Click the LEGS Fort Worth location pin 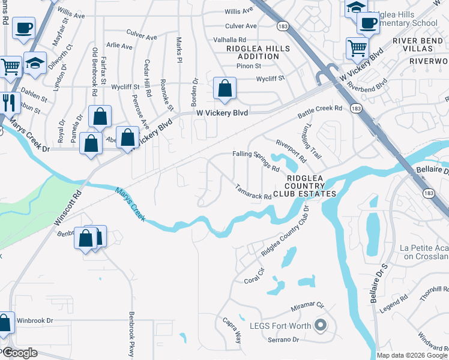click(320, 326)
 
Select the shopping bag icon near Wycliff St click(224, 89)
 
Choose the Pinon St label click(249, 66)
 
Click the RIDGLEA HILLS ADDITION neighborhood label click(258, 52)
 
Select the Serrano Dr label click(283, 340)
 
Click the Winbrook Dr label click(35, 320)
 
